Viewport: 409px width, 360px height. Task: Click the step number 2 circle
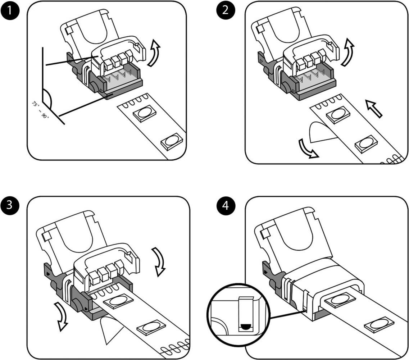point(226,10)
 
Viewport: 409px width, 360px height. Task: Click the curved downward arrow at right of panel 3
point(159,261)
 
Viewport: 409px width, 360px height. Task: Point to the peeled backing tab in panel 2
point(320,132)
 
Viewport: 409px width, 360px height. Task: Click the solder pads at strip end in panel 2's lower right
point(394,159)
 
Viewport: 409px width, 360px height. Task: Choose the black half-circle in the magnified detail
point(245,327)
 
